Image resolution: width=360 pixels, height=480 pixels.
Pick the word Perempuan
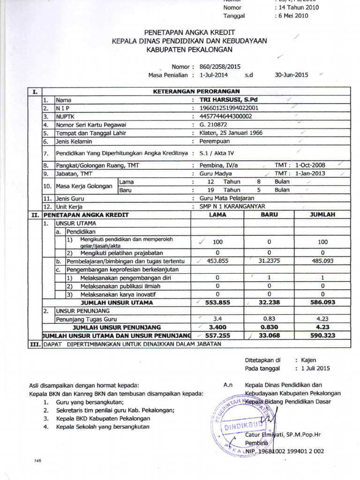[215, 141]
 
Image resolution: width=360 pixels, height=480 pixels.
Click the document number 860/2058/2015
[220, 67]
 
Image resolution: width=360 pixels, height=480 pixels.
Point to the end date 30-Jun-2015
[291, 75]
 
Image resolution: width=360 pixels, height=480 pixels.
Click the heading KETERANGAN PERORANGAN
[196, 91]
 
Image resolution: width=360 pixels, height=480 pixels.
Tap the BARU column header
[270, 214]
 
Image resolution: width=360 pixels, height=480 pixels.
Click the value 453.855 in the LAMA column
[217, 261]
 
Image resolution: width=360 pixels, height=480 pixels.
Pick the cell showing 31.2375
[270, 261]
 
